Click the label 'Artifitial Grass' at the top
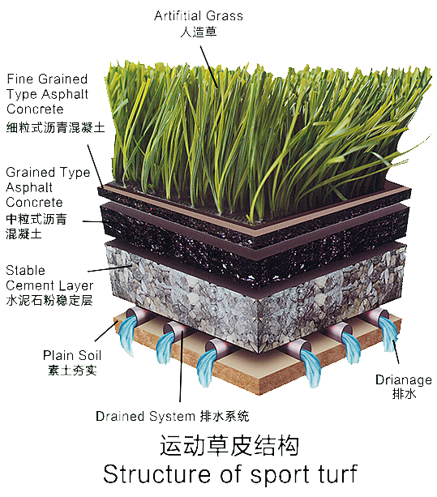[199, 16]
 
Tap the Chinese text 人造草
[199, 32]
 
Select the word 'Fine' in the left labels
[19, 79]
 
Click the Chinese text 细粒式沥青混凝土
[55, 127]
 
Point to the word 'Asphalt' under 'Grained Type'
[29, 187]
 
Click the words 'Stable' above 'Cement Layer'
[25, 270]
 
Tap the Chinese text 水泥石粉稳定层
[49, 300]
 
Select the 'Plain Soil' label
[72, 355]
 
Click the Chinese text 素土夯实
[72, 371]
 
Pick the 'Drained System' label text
[145, 416]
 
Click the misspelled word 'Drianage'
[404, 379]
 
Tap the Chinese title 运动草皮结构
[229, 445]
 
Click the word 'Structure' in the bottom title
[156, 473]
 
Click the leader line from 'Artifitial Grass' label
[209, 66]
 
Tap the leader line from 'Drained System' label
[182, 366]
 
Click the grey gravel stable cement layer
[254, 301]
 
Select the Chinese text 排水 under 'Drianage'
[404, 394]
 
